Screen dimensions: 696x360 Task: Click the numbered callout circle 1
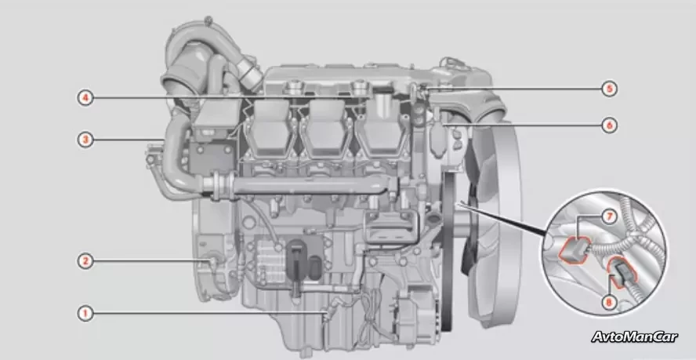[x=85, y=314]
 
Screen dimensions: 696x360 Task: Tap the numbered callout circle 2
[x=85, y=261]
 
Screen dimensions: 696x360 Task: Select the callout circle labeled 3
[x=85, y=140]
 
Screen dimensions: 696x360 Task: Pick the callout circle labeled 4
[x=85, y=98]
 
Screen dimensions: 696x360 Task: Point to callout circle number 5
[x=610, y=89]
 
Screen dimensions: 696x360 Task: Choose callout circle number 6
[x=610, y=125]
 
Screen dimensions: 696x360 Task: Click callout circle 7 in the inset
[x=610, y=217]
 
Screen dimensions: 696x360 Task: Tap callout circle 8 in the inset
[x=609, y=303]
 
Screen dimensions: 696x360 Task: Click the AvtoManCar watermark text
[x=634, y=337]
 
